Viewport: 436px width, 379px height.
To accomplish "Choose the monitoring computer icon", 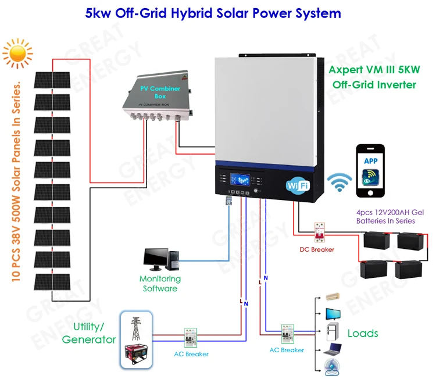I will [x=163, y=259].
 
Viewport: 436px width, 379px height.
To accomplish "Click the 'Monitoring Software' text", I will [x=160, y=283].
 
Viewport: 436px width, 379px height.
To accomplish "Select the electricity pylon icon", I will [x=136, y=328].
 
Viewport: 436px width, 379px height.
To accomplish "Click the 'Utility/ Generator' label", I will [x=88, y=333].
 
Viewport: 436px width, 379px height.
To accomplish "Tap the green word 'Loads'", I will [x=363, y=333].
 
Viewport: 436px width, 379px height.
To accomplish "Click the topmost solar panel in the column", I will [x=52, y=80].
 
